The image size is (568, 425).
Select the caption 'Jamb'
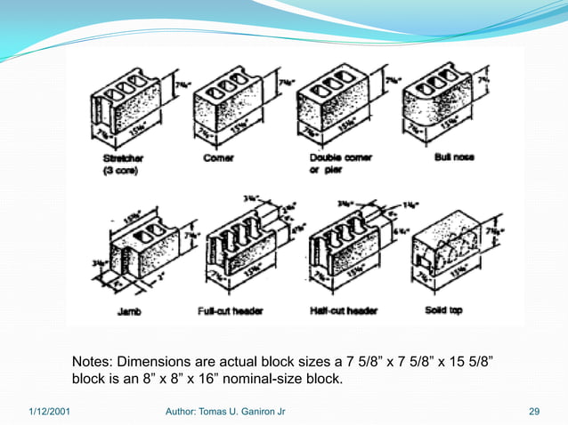coord(126,311)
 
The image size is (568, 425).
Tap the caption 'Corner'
coord(219,157)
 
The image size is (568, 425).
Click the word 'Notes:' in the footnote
coord(93,363)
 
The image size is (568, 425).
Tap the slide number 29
coord(534,412)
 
